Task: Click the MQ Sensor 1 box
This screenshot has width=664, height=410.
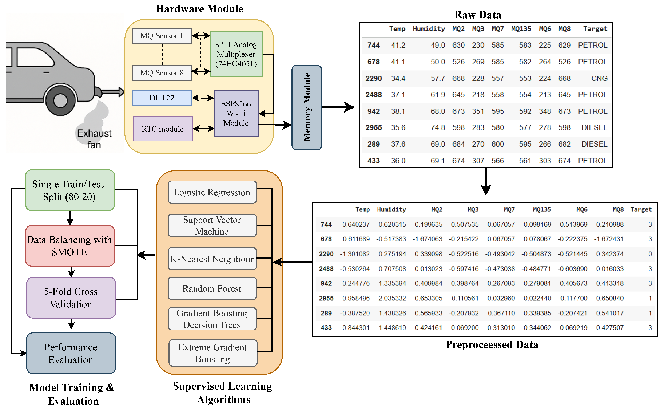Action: click(162, 36)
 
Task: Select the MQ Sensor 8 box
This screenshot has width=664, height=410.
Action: click(162, 73)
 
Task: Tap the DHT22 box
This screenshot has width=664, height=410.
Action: click(162, 98)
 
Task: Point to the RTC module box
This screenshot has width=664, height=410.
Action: click(163, 129)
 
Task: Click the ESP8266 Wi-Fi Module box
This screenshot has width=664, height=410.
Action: click(236, 113)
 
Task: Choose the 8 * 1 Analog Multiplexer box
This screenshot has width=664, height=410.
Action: click(236, 54)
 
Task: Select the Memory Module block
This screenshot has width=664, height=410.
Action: click(307, 107)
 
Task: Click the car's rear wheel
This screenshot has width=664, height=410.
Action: click(60, 100)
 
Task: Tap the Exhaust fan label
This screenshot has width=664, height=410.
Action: click(94, 139)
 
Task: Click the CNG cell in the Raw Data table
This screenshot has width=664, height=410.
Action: click(599, 78)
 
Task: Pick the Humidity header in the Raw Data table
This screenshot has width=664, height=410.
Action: click(429, 29)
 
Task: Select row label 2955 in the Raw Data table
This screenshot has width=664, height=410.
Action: click(373, 127)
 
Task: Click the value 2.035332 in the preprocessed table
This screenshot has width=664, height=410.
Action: click(392, 298)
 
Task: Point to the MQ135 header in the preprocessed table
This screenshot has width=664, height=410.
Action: click(542, 209)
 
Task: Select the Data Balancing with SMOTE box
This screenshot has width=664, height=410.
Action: click(70, 246)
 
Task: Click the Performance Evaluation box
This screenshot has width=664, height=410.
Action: click(71, 353)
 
